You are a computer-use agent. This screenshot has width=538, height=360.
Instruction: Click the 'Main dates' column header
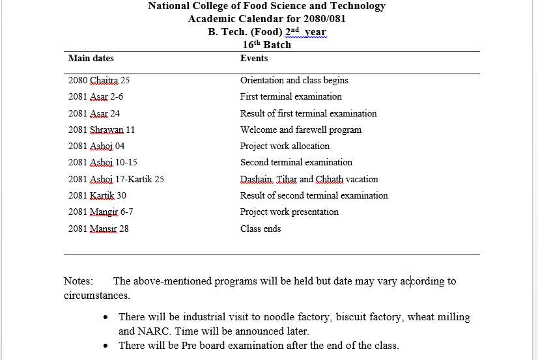(x=91, y=59)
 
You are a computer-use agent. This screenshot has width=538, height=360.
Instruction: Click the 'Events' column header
(x=254, y=59)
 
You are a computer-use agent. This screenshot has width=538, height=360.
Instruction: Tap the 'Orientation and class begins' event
(x=294, y=81)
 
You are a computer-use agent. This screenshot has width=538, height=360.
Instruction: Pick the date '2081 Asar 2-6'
(x=95, y=97)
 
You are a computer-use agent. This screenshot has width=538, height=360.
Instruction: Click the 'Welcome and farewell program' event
(x=300, y=130)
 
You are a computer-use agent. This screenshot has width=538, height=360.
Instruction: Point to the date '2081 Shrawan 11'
(x=102, y=130)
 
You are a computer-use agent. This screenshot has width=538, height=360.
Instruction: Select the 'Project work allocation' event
(x=285, y=146)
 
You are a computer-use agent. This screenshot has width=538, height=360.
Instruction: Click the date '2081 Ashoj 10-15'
(x=102, y=163)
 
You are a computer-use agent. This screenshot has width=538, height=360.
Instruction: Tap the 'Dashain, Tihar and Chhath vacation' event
(x=309, y=179)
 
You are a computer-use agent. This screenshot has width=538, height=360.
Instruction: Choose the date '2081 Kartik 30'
(x=97, y=195)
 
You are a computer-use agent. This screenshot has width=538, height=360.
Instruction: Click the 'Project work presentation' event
(x=289, y=212)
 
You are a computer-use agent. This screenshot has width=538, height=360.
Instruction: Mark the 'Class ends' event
(x=261, y=228)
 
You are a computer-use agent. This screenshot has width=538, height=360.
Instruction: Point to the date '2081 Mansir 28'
(x=98, y=228)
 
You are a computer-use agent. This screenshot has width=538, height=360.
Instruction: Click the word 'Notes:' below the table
(x=78, y=281)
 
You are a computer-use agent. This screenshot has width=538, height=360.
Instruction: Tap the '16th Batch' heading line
(x=266, y=45)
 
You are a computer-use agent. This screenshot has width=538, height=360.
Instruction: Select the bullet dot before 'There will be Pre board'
(x=106, y=346)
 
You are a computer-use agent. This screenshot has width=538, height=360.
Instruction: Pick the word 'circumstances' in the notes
(x=96, y=296)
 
